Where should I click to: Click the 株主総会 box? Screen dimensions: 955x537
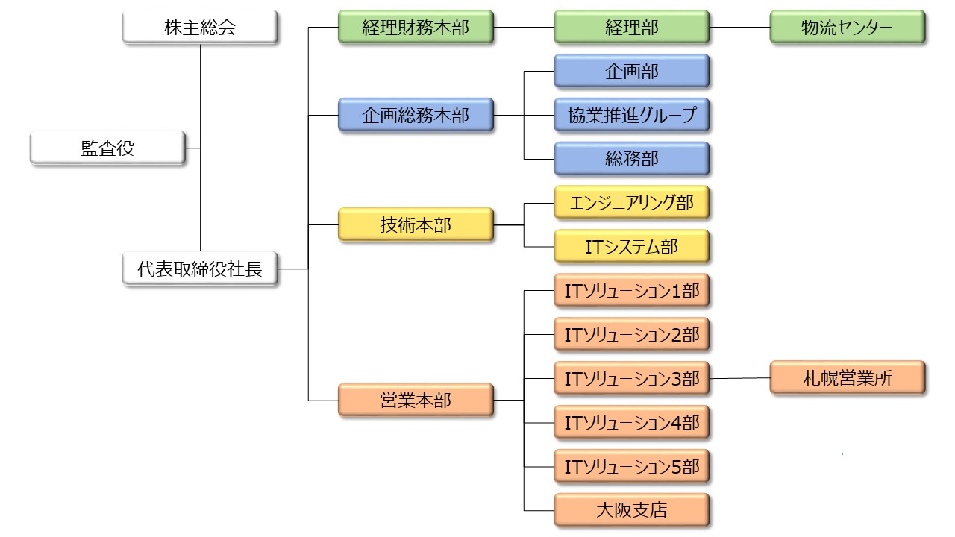click(200, 27)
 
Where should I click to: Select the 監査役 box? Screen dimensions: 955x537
click(107, 148)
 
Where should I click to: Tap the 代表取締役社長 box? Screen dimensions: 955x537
click(200, 268)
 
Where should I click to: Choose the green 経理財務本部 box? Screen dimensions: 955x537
click(416, 27)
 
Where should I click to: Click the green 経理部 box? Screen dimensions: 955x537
click(631, 27)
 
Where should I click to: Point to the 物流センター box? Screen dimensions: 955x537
click(848, 27)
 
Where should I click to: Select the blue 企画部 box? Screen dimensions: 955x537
click(631, 71)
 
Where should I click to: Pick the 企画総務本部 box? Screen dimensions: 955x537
click(416, 115)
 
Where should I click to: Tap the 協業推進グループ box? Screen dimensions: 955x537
click(631, 115)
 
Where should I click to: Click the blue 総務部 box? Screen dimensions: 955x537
click(631, 159)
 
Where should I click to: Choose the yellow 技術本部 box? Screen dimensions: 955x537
click(416, 224)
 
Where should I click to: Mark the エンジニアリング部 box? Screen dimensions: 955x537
click(631, 202)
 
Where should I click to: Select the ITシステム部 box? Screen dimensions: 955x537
click(631, 246)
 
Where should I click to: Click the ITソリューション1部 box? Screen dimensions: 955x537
click(631, 290)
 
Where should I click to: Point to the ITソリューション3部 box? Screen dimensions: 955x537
click(631, 378)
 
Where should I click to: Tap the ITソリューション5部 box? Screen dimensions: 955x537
click(631, 466)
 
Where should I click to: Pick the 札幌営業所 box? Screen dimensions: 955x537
click(848, 377)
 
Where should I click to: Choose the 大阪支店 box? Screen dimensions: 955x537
click(631, 510)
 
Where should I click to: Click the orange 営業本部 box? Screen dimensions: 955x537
click(416, 401)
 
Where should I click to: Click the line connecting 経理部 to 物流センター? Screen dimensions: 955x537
click(739, 27)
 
